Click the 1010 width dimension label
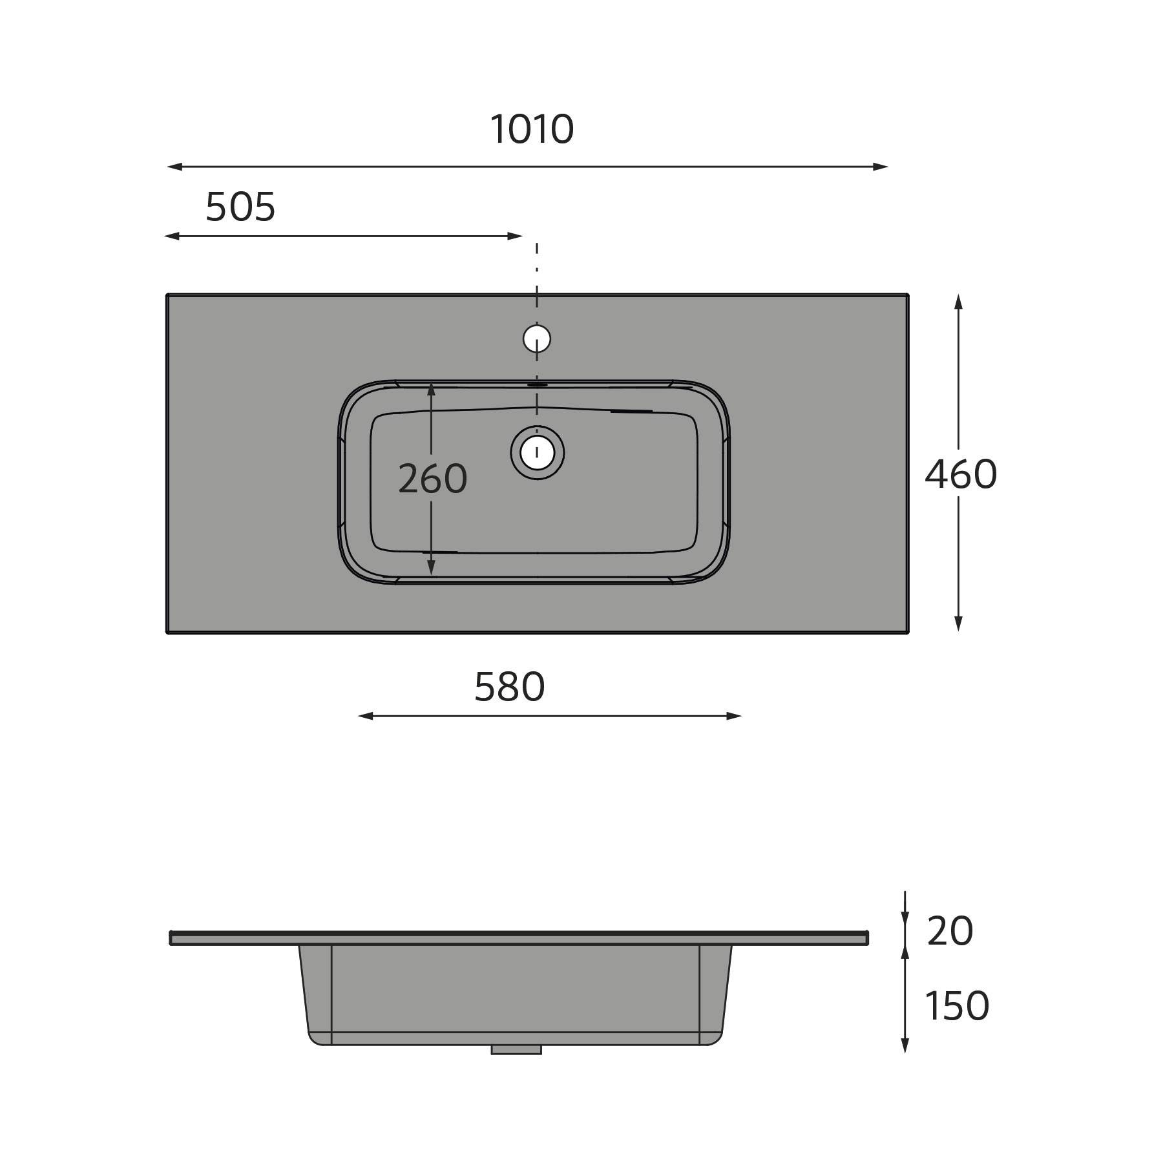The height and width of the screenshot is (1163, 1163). tap(532, 129)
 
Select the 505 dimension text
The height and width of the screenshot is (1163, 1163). tap(240, 207)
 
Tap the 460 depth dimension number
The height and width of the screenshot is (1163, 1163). tap(961, 474)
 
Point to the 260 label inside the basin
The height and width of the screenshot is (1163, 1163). tap(432, 479)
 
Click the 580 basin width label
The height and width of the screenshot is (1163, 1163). tap(510, 687)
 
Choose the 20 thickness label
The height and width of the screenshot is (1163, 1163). tap(950, 931)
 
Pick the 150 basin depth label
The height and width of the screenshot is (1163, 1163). tap(957, 1006)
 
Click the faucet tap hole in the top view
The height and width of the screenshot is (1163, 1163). tap(537, 338)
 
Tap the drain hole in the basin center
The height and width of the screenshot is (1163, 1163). tap(537, 452)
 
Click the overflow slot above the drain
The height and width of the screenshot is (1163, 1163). tap(537, 384)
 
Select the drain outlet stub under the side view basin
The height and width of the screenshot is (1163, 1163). tap(516, 1050)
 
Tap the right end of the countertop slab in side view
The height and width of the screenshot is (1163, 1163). tap(866, 938)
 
